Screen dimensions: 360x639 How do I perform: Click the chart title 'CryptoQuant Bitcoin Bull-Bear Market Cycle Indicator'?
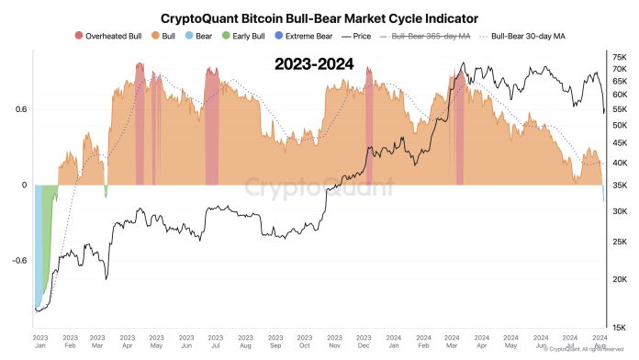319,17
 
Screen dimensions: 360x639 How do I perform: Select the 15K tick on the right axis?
620,327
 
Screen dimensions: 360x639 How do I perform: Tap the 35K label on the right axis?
620,186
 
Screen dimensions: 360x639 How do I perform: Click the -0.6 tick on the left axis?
17,261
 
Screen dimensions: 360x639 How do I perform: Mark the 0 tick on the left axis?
24,186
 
